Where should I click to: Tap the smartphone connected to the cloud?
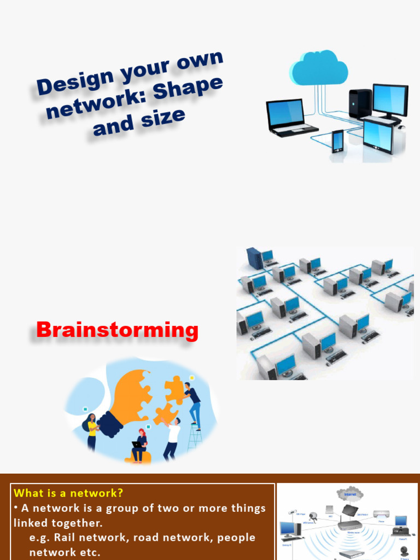[337, 141]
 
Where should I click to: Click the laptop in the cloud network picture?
[289, 116]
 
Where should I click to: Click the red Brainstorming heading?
[117, 330]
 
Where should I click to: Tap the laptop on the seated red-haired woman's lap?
[137, 445]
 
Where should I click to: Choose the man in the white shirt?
[172, 437]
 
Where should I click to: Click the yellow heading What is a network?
[68, 493]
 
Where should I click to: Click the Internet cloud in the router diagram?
[350, 494]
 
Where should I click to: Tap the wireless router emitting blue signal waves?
[350, 524]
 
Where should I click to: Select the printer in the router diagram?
[381, 515]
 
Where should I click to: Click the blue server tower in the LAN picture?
[254, 258]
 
